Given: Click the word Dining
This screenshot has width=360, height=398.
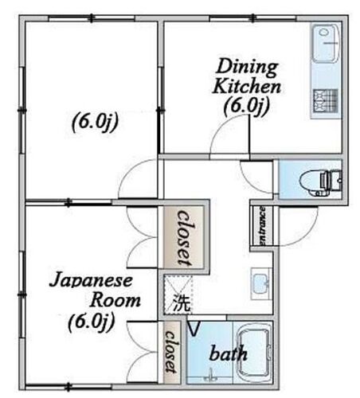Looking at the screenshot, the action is click(x=247, y=67).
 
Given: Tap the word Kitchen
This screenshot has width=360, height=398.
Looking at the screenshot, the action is click(x=247, y=87).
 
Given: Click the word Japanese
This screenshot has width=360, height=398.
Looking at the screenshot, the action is click(x=91, y=280).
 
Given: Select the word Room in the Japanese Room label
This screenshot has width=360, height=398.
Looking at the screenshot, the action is click(x=115, y=300).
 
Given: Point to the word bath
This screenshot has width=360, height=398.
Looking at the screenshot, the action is click(x=229, y=353).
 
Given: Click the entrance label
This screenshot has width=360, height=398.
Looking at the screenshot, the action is click(x=262, y=226).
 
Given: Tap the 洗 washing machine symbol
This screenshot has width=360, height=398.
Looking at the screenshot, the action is click(x=182, y=302).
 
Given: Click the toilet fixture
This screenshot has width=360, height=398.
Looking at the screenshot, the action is click(x=320, y=181).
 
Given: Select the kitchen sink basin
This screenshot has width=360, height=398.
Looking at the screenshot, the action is click(x=326, y=44).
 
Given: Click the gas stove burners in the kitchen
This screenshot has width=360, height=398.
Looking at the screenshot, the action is click(x=326, y=100).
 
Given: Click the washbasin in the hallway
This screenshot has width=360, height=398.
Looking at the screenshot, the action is click(x=261, y=284).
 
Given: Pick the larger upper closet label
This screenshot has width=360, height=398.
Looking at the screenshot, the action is click(x=185, y=237).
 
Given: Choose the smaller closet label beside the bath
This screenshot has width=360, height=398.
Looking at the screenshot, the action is click(x=171, y=352).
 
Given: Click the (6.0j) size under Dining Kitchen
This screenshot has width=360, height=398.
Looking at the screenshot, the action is click(x=247, y=106).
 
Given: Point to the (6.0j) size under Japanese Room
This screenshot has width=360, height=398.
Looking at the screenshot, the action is click(x=91, y=322).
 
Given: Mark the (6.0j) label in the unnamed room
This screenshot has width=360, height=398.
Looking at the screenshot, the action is click(x=95, y=122).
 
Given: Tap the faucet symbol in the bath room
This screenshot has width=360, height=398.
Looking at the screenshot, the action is click(x=211, y=375).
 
